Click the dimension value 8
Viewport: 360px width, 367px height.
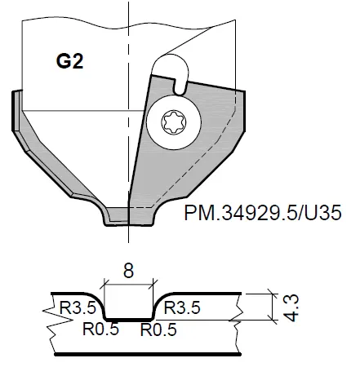pyautogui.click(x=128, y=270)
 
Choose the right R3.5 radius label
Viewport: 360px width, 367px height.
pyautogui.click(x=183, y=307)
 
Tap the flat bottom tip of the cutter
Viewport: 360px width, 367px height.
pyautogui.click(x=128, y=219)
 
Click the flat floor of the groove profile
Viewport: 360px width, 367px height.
pyautogui.click(x=128, y=319)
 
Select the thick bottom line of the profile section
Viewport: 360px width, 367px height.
pyautogui.click(x=147, y=355)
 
